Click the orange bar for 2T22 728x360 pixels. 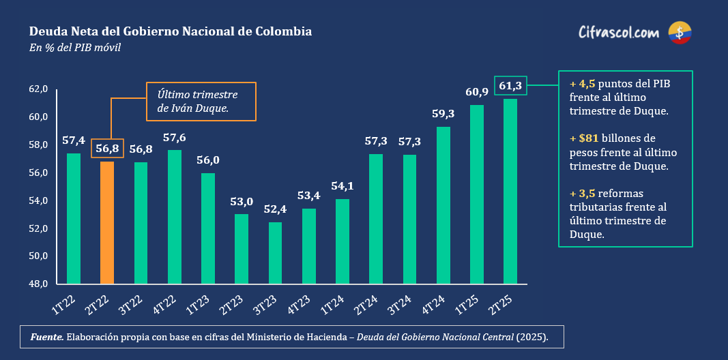[107, 222]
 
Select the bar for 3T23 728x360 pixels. [275, 253]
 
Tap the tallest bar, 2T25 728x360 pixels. [510, 191]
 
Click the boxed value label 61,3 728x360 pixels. [510, 86]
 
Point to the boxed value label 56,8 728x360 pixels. [107, 149]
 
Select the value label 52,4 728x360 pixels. [275, 209]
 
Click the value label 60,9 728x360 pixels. [477, 92]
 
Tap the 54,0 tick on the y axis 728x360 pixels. [38, 200]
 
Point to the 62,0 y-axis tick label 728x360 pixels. [38, 89]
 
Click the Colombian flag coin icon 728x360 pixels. [680, 32]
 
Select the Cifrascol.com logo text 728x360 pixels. [618, 32]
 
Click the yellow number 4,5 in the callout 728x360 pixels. [587, 84]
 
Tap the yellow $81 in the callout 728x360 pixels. [588, 138]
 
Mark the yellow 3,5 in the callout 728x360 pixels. [587, 193]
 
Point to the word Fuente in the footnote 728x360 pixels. [47, 337]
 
